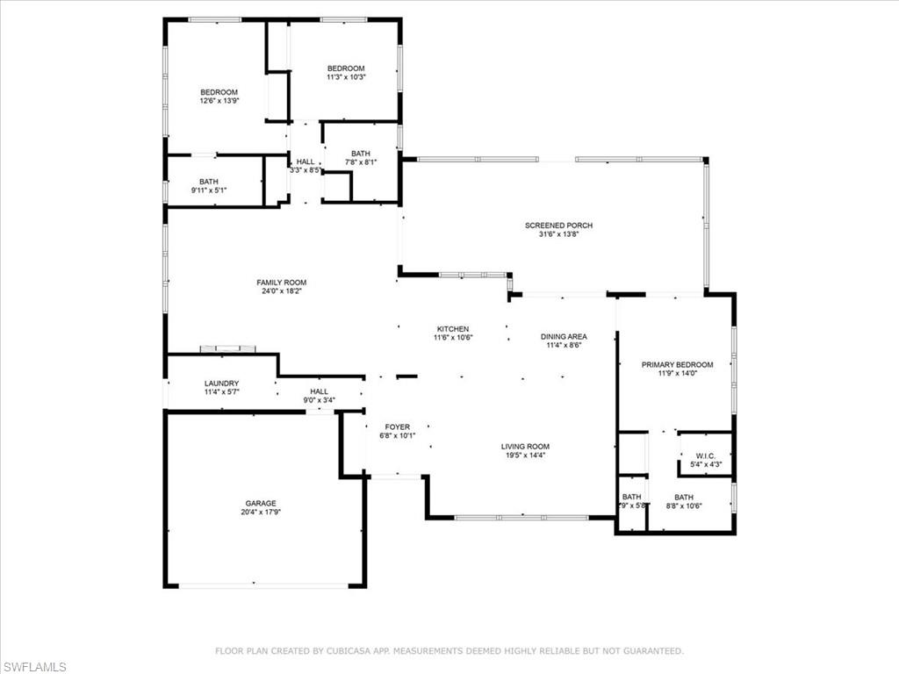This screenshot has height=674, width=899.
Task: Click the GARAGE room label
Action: (261, 504)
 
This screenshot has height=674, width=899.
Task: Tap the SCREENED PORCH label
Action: (552, 226)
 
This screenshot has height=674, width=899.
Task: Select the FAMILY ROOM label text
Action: (282, 283)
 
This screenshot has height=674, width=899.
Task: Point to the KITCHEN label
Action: (452, 329)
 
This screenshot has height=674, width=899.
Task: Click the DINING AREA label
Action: (564, 336)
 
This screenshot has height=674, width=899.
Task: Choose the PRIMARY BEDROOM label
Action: (677, 364)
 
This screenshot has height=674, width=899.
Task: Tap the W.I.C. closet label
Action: (706, 455)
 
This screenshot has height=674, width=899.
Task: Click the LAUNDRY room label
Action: (221, 384)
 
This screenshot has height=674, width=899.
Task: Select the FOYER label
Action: (397, 427)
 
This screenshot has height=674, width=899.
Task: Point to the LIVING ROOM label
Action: (525, 447)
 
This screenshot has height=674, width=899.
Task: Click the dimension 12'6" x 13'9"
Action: (219, 101)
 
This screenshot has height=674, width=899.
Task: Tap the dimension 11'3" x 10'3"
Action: (346, 77)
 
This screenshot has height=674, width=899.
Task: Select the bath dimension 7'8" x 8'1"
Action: (360, 161)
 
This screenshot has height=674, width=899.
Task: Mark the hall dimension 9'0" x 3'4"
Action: (319, 400)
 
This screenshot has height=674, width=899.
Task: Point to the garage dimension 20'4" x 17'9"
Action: (261, 513)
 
